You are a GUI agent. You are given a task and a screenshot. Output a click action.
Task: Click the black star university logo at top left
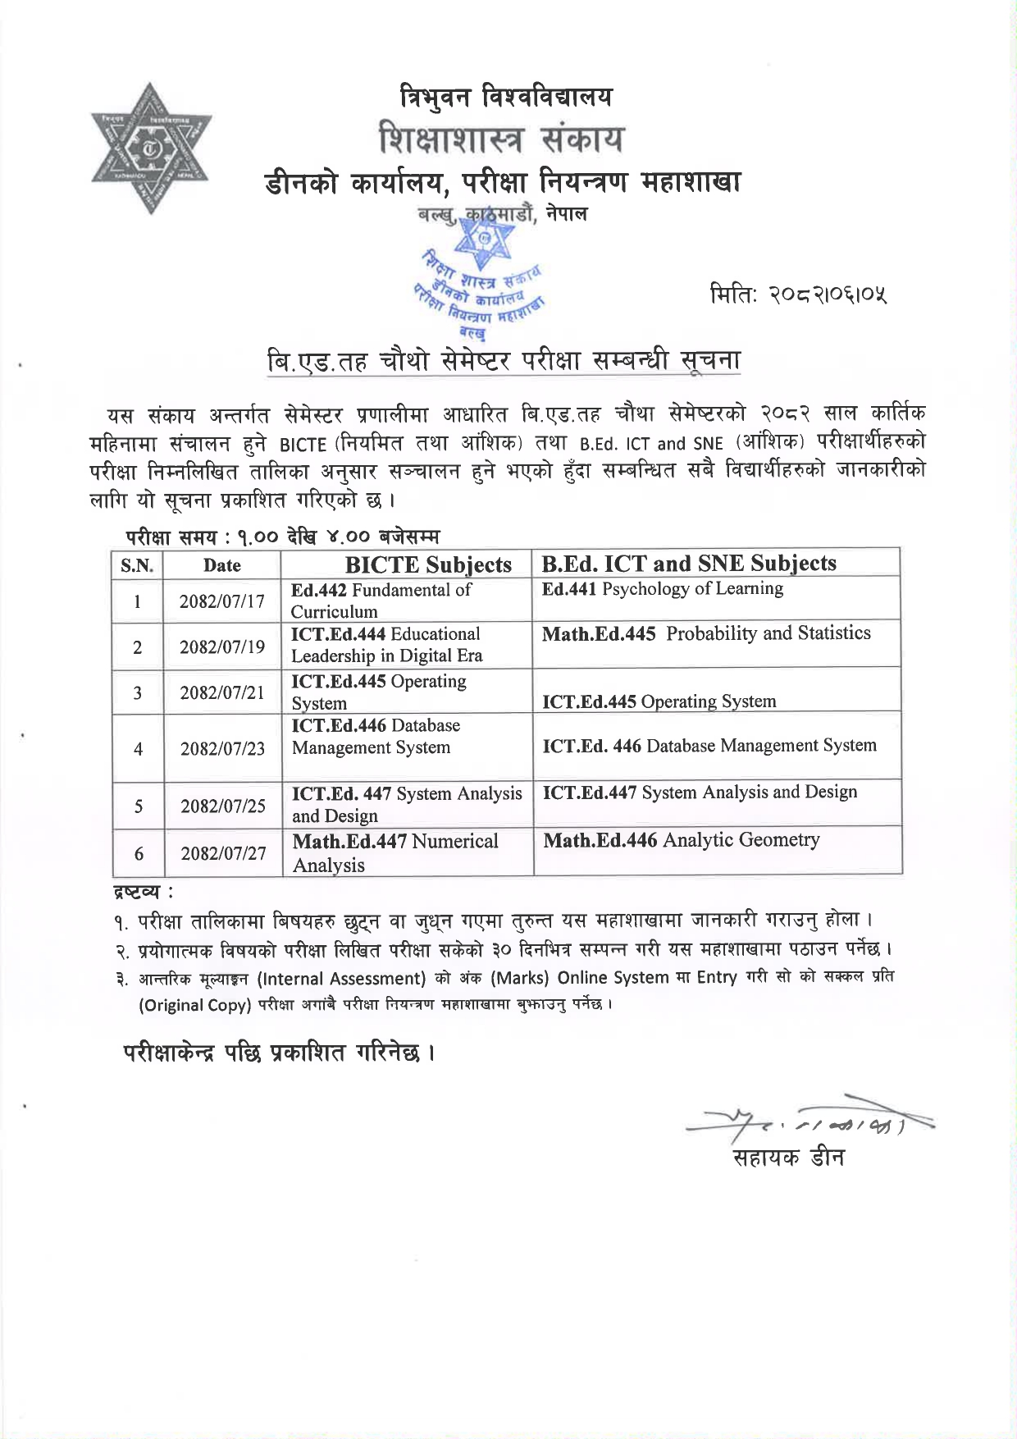[152, 148]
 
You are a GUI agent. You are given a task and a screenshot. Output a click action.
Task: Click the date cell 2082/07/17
[222, 601]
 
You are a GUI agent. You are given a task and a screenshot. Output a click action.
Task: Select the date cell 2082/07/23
[222, 748]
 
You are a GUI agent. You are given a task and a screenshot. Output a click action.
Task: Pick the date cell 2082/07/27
[223, 853]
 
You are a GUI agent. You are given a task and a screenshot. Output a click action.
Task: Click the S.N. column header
[137, 565]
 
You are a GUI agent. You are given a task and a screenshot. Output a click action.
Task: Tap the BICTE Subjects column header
[427, 564]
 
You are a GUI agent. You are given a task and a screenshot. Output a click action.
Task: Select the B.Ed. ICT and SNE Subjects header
[689, 563]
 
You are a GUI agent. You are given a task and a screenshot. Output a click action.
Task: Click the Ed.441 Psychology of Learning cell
[662, 588]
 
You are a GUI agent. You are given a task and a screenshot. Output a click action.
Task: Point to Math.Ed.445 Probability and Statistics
[706, 633]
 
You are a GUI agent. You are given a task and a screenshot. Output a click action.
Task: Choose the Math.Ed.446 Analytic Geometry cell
[681, 839]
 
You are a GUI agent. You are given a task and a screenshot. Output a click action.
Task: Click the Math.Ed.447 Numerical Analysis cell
[395, 852]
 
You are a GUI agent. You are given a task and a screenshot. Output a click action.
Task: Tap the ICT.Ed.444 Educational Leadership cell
[386, 645]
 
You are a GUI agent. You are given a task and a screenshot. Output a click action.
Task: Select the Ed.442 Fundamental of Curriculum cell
[381, 601]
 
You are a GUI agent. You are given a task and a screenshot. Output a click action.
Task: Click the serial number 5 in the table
[138, 806]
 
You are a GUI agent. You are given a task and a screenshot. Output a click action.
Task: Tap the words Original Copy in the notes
[194, 1005]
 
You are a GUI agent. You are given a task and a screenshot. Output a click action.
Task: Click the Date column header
[222, 565]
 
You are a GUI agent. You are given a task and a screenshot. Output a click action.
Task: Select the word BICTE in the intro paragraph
[303, 445]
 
